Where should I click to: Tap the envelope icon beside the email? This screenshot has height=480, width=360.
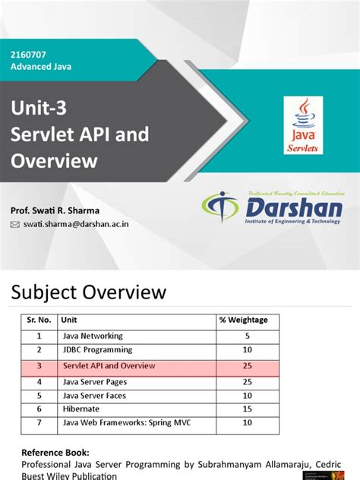point(14,225)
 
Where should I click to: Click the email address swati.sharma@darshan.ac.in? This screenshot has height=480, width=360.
point(76,225)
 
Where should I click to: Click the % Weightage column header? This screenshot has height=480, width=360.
point(243,321)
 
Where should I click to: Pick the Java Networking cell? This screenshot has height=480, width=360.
point(92,336)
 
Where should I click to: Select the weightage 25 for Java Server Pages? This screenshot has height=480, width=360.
point(246,381)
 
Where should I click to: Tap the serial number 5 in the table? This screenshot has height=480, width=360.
point(38,396)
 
